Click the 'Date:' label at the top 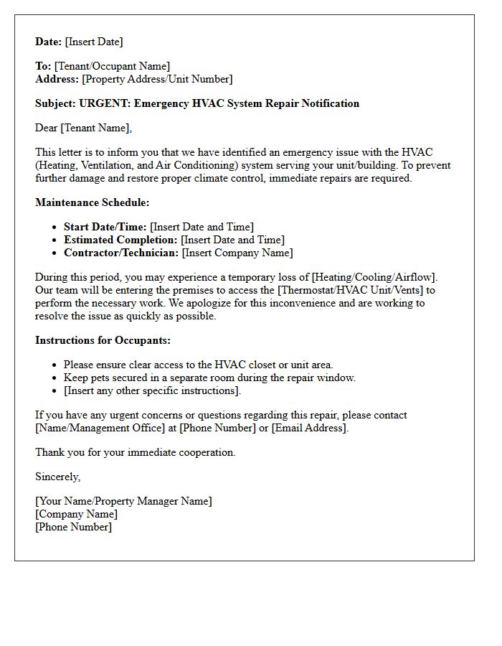click(x=49, y=42)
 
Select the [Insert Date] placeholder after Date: click(x=94, y=42)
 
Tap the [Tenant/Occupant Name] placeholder click(x=112, y=66)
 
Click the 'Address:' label click(x=57, y=79)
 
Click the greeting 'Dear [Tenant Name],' click(x=84, y=128)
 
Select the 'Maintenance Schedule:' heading click(x=92, y=202)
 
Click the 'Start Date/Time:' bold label click(x=105, y=227)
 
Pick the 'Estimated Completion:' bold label click(x=120, y=240)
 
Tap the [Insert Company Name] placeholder click(x=237, y=253)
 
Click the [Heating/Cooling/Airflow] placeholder click(x=374, y=277)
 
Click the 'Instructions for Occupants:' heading click(x=103, y=340)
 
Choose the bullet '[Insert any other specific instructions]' click(x=152, y=390)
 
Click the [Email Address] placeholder click(x=309, y=428)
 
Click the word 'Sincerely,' click(x=58, y=477)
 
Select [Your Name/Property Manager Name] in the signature click(x=123, y=501)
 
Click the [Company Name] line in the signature click(x=76, y=514)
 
